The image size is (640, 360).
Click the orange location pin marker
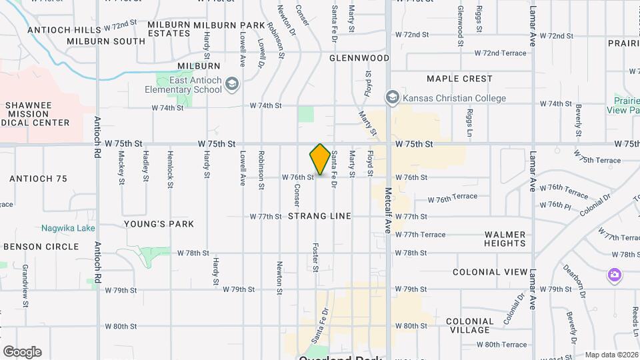coord(320,159)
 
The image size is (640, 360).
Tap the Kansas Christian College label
coord(453,98)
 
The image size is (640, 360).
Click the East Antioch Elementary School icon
coord(232,83)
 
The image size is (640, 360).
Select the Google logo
coord(22,352)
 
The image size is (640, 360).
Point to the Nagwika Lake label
coord(67,228)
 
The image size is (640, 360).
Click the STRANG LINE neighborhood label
coord(320,217)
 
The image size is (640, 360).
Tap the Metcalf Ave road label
coord(387,210)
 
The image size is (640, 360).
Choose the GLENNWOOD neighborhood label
coord(359,58)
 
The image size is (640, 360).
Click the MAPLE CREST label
coord(459,79)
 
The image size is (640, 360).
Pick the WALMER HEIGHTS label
coord(505,239)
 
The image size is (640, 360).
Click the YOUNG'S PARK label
coord(159,224)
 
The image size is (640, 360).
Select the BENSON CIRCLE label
coord(41,247)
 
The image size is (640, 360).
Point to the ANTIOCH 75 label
coord(39,179)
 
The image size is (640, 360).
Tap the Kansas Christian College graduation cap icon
coord(392,98)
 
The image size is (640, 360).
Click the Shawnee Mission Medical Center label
coord(37,114)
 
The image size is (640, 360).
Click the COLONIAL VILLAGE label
coord(470,325)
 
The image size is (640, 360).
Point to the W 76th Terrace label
coord(453,197)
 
